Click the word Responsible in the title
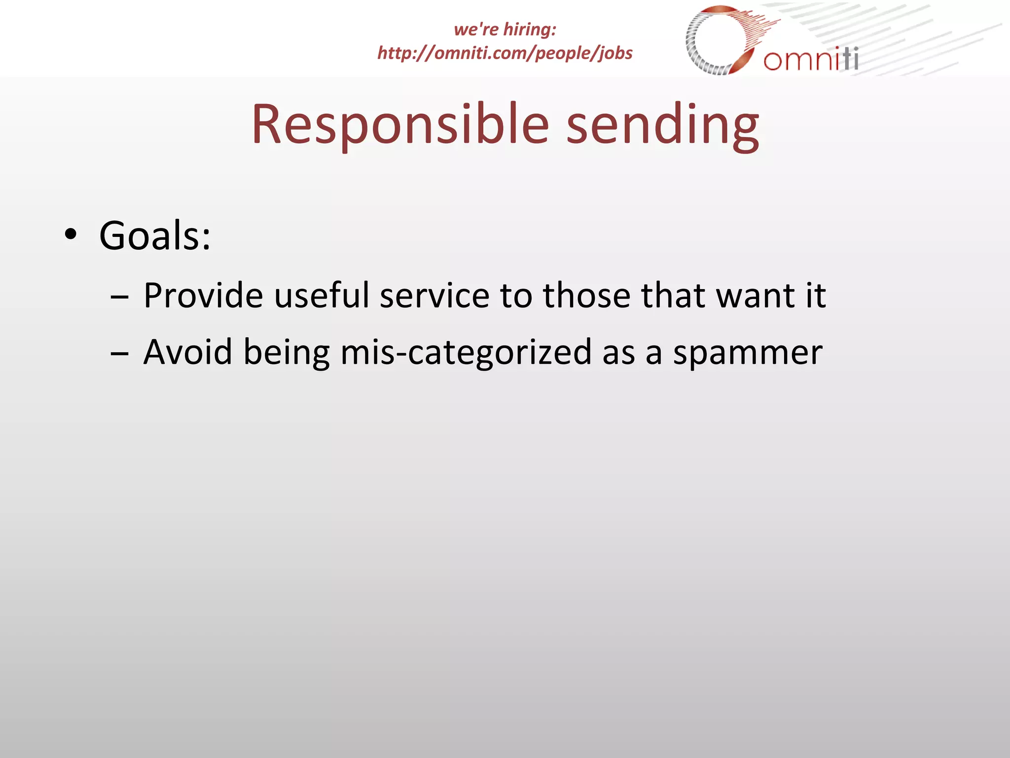tap(400, 124)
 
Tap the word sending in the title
tap(662, 124)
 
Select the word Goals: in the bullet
tap(155, 236)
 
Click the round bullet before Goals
tap(71, 235)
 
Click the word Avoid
tap(187, 352)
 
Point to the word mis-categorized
tap(466, 352)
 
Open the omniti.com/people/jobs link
tap(505, 53)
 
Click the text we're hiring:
tap(505, 29)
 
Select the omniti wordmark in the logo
tap(811, 60)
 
